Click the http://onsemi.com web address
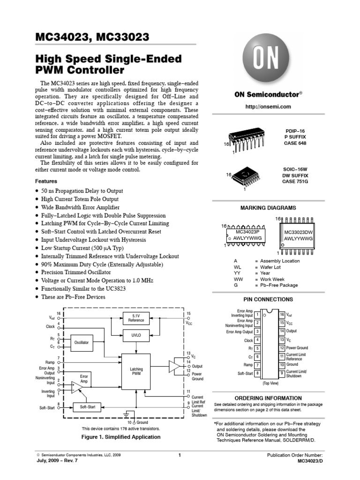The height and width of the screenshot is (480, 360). (268, 107)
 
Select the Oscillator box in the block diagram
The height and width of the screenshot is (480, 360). (82, 343)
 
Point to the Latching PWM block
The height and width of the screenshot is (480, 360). (136, 372)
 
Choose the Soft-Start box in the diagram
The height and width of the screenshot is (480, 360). (87, 407)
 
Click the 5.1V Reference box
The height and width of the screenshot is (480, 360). (136, 319)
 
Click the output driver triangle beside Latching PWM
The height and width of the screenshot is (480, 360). (174, 366)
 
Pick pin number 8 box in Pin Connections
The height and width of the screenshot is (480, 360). (257, 374)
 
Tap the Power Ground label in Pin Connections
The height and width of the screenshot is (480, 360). (297, 348)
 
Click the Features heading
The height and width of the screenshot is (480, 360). (46, 181)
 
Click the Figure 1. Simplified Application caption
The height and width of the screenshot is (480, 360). (121, 437)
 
